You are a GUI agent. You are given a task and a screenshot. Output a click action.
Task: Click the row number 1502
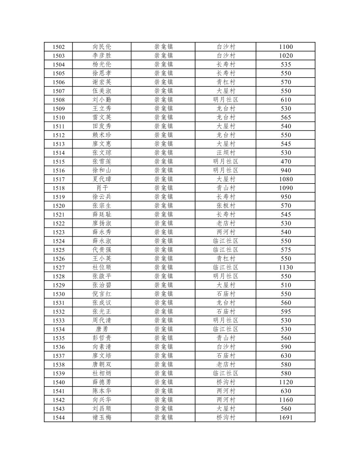pos(59,47)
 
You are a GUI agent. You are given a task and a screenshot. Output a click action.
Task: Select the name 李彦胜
pos(102,56)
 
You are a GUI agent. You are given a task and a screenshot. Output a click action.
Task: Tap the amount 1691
pos(286,417)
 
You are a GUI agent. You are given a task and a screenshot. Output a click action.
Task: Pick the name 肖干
pos(102,188)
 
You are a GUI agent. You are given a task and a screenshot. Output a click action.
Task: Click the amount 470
pos(286,162)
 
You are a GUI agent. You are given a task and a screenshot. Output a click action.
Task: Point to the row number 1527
pos(59,268)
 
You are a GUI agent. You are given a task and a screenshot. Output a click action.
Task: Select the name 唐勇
pos(102,329)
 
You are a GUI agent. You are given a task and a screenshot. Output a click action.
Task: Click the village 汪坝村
pos(226,153)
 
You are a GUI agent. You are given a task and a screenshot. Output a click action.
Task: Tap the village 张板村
pos(226,206)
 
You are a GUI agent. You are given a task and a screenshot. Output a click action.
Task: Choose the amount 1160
pos(286,400)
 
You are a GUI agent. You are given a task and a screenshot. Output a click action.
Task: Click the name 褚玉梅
pos(102,417)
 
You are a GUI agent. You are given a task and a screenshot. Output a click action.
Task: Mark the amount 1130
pos(286,268)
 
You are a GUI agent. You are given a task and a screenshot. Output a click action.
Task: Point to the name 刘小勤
pos(102,100)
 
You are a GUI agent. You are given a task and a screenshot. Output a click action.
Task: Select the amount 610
pos(286,100)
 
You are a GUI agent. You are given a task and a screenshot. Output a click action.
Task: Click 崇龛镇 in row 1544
pos(164,417)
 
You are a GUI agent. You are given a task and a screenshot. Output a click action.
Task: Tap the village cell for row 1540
pos(226,382)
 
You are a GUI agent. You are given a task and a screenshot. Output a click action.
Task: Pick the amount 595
pos(286,312)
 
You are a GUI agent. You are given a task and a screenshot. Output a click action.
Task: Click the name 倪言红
pos(102,294)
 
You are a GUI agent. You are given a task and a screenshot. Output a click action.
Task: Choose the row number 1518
pos(59,188)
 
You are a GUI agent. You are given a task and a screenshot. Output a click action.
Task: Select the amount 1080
pos(286,179)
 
